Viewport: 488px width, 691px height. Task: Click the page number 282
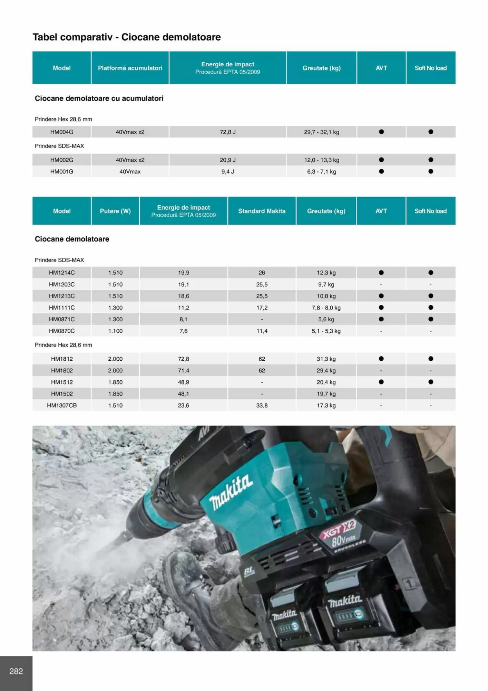coord(16,671)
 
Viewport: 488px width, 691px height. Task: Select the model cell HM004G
coord(62,132)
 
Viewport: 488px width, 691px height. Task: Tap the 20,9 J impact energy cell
coord(227,160)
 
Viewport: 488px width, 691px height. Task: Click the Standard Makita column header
coord(262,211)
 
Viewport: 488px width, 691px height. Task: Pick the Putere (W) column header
coord(115,211)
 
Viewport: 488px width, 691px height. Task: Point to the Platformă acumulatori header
coord(130,68)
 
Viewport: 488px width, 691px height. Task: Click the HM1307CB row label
coord(62,405)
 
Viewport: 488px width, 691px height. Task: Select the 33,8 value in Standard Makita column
coord(262,405)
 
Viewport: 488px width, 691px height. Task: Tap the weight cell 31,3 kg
coord(326,359)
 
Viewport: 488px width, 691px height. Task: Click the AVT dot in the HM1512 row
coord(381,382)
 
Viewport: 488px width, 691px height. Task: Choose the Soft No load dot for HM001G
coord(431,171)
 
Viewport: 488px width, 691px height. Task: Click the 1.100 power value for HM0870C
coord(115,331)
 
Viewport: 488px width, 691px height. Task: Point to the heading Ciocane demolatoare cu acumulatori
coord(99,98)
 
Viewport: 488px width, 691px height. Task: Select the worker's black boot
coord(193,587)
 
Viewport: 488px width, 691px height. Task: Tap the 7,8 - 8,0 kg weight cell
coord(326,307)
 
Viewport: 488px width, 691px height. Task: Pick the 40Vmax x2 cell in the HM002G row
coord(130,160)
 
